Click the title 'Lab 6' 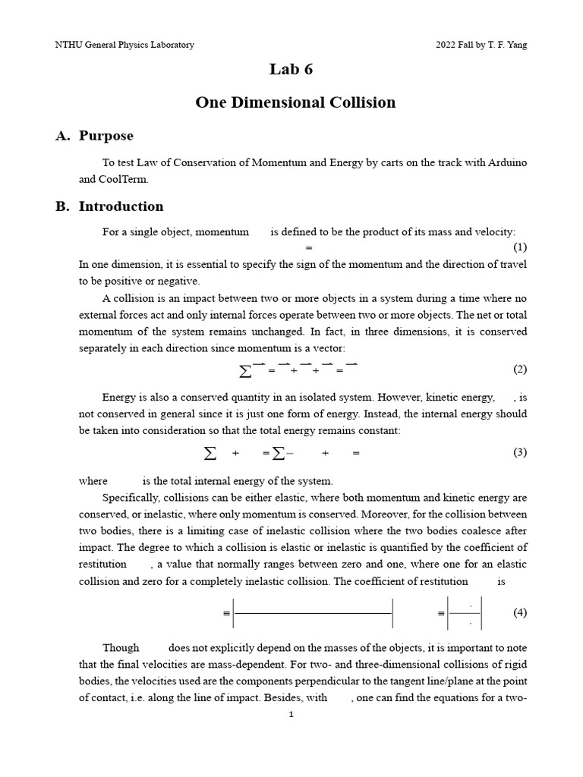[x=291, y=70]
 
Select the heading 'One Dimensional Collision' [x=295, y=102]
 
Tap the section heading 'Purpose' [x=106, y=136]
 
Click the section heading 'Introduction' [x=121, y=206]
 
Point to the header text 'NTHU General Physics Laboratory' [x=124, y=45]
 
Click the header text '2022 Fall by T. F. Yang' [x=481, y=45]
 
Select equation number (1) [x=519, y=247]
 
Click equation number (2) [x=519, y=370]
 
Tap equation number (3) [x=519, y=452]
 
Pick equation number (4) [x=519, y=612]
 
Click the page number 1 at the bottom [x=291, y=714]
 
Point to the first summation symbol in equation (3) [x=210, y=453]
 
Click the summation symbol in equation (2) [x=245, y=371]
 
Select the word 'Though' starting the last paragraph [x=121, y=647]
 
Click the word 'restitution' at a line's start [x=102, y=565]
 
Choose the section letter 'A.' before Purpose [x=63, y=136]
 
